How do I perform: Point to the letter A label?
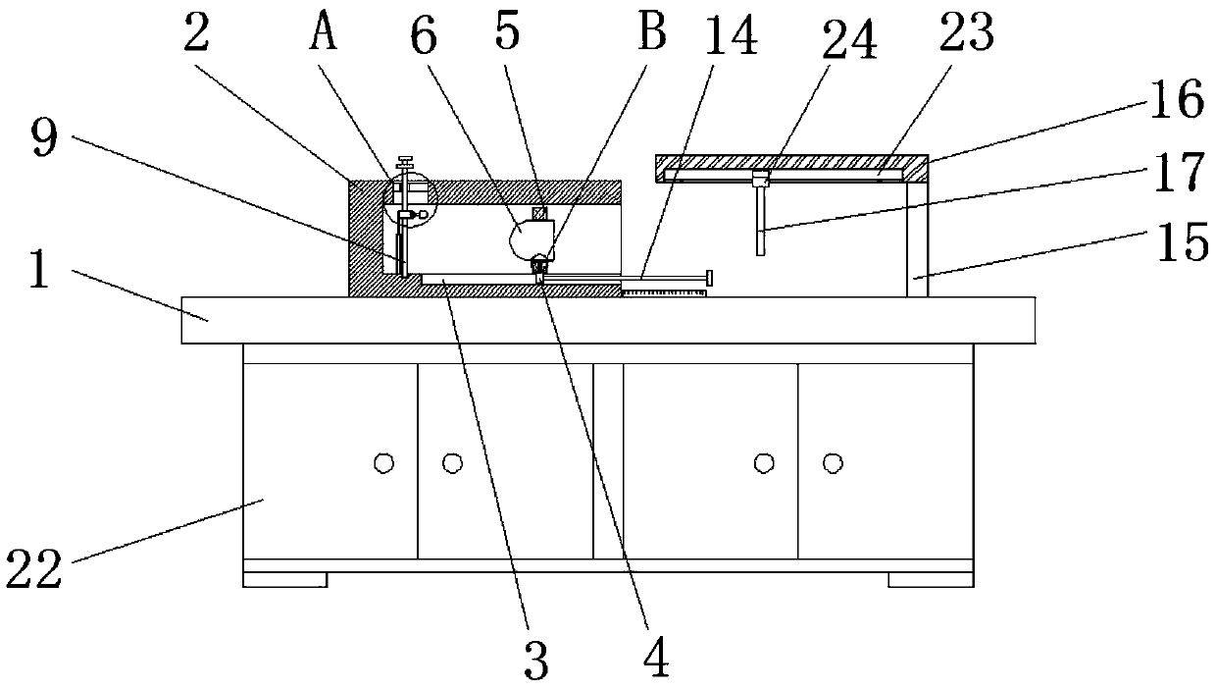pos(324,36)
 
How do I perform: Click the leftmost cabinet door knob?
pos(383,461)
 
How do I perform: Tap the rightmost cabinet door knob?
pos(833,461)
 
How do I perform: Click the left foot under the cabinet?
pos(284,579)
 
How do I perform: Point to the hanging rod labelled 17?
pos(760,221)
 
